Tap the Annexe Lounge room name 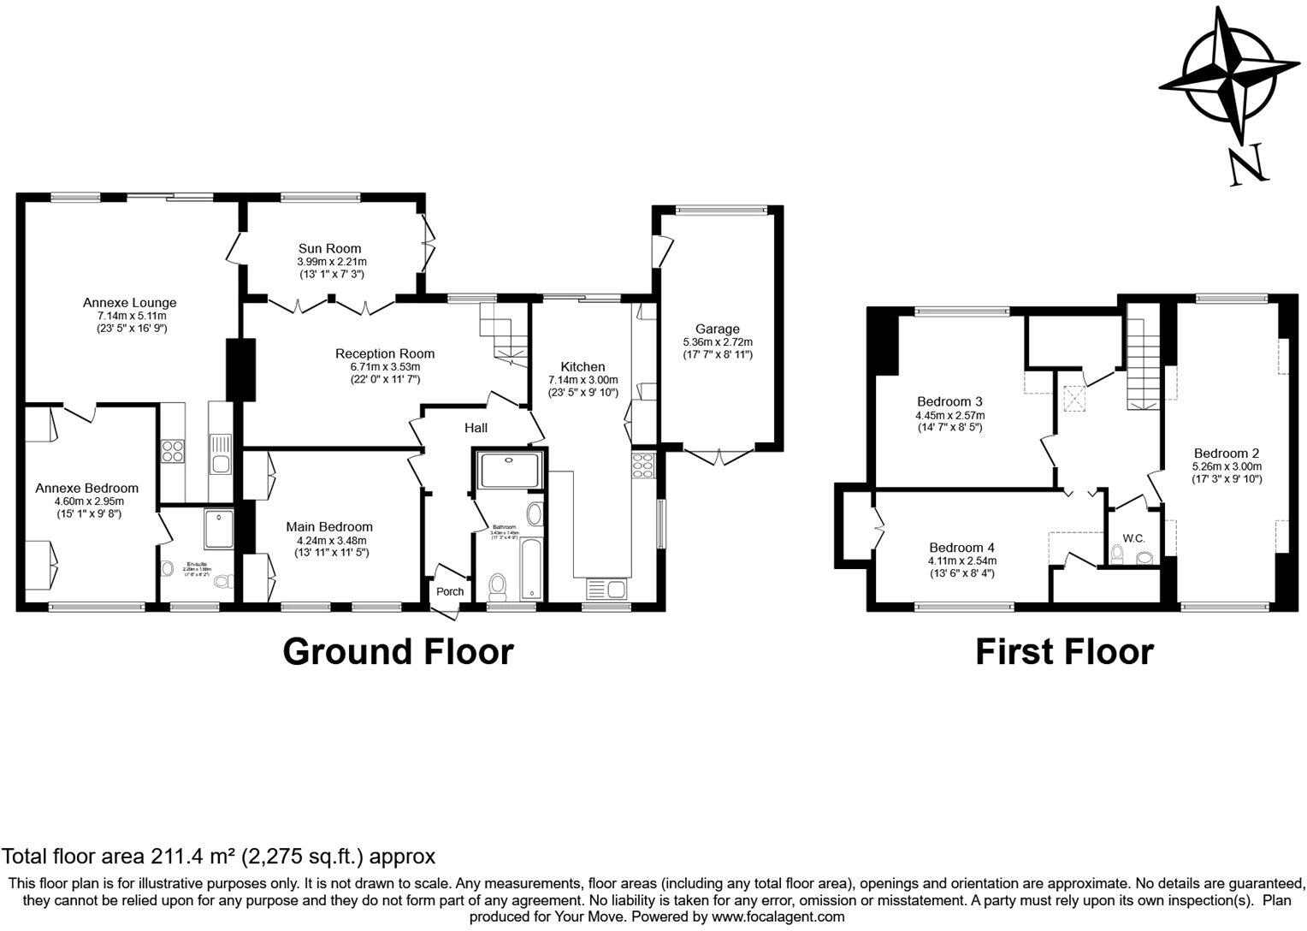(129, 303)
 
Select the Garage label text (717, 329)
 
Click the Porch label (450, 591)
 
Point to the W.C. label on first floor (1133, 538)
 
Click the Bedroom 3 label (949, 401)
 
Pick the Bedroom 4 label (962, 548)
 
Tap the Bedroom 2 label (1227, 454)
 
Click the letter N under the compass (1247, 166)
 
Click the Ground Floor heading (398, 651)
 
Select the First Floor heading (1064, 652)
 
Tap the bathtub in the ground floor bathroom (530, 567)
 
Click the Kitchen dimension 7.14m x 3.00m (583, 380)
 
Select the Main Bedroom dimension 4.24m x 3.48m (329, 541)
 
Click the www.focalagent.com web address (778, 916)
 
